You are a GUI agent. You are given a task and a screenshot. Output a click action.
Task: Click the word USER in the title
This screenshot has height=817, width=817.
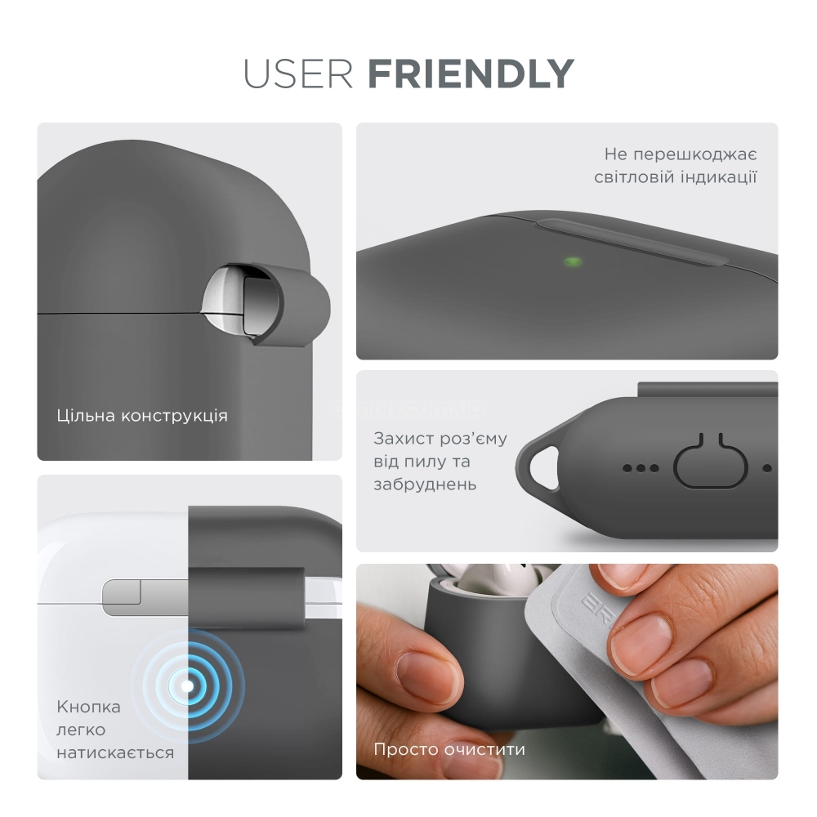298,74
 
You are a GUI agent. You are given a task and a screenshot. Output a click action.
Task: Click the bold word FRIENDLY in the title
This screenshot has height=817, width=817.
471,74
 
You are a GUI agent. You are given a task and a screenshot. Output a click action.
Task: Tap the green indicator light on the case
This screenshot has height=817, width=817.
573,261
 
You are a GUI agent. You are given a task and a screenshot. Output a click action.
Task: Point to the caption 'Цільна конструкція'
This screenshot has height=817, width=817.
142,416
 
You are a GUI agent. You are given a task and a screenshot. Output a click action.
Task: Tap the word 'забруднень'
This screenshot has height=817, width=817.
425,484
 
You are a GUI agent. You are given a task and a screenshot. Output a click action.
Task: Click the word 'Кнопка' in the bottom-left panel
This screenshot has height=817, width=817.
88,707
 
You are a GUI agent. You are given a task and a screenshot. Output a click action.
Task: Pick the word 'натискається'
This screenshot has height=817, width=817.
115,753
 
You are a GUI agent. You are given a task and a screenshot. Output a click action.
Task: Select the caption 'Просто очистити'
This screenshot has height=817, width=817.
449,750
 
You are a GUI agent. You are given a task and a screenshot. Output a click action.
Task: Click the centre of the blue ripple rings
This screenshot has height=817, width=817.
187,686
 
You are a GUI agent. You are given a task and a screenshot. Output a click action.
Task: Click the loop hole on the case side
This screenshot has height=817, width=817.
543,467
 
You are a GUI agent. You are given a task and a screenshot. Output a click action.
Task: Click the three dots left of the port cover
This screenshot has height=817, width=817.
641,468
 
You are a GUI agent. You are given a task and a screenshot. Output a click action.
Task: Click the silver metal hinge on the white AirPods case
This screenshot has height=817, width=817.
145,597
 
